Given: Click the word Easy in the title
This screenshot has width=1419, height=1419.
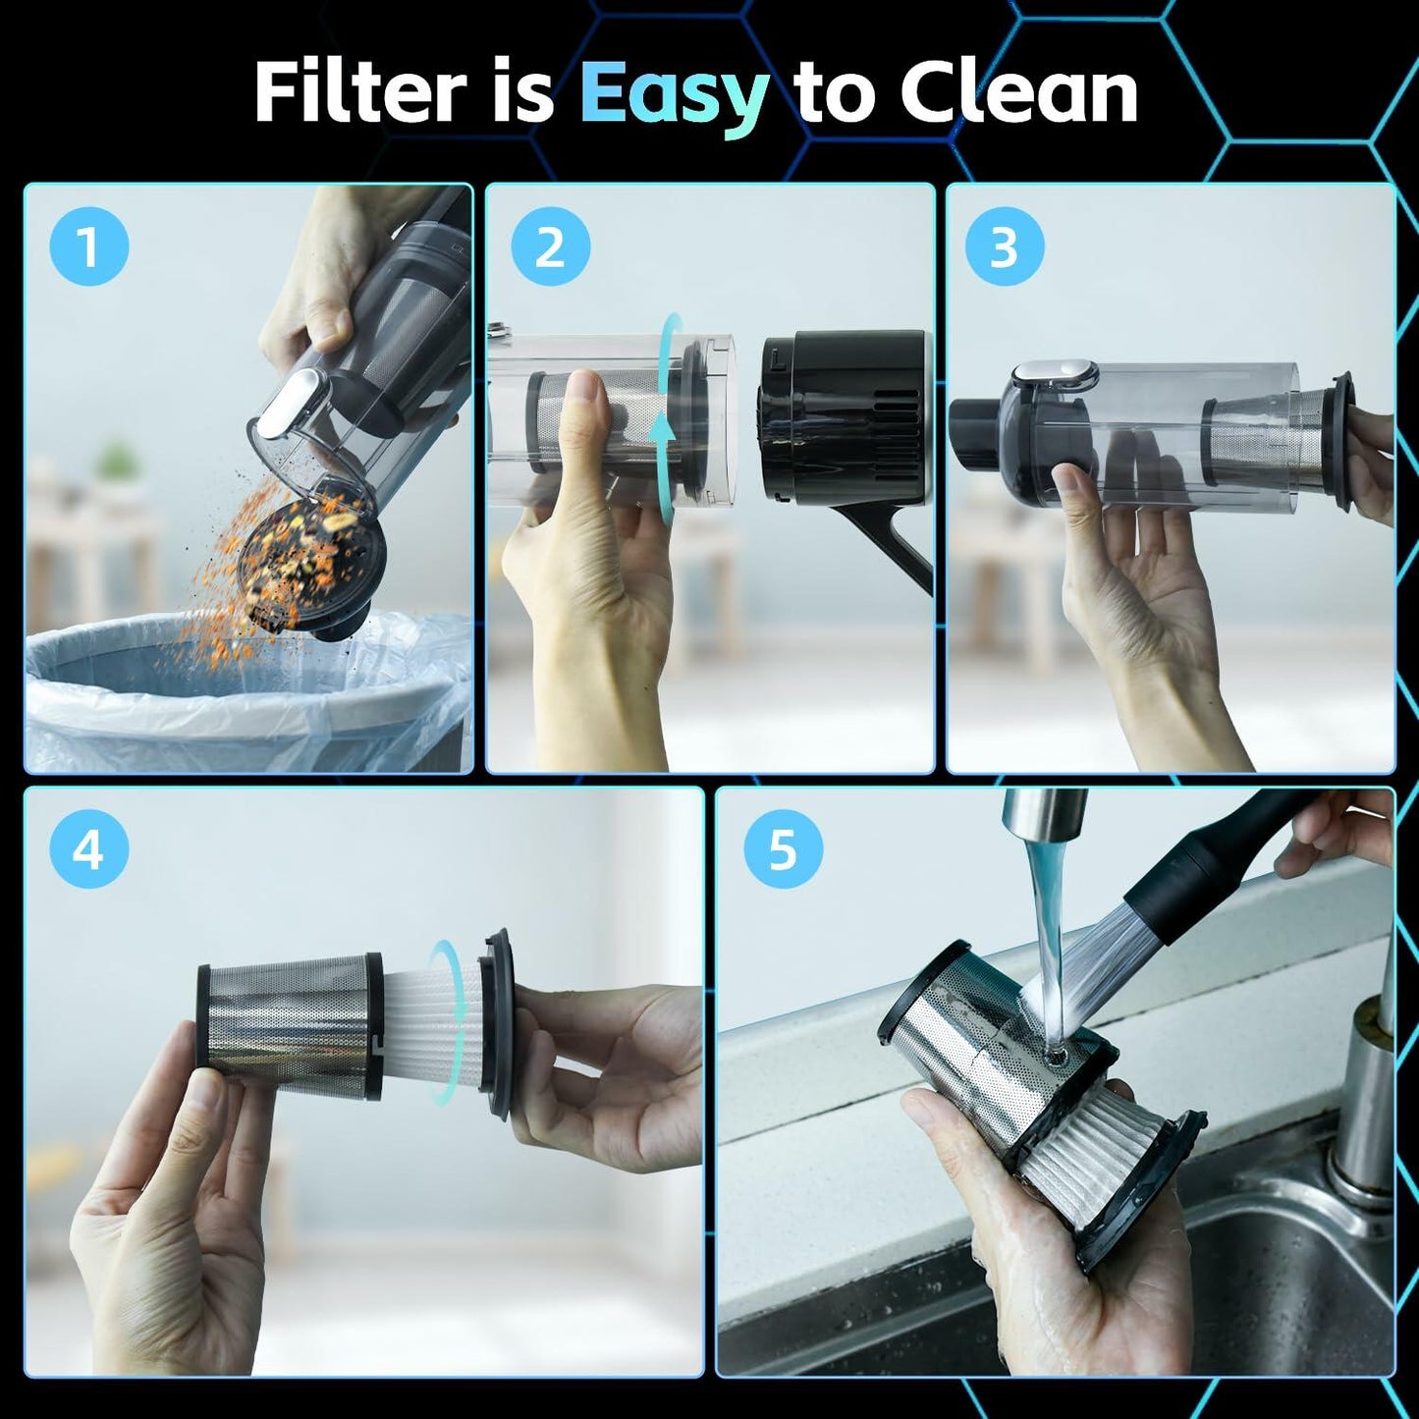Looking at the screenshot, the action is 674,96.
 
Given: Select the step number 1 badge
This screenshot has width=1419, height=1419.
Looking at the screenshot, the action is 89,247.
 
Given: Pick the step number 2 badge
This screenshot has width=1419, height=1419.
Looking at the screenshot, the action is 550,247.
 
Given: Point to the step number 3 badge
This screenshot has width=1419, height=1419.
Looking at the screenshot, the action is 1004,247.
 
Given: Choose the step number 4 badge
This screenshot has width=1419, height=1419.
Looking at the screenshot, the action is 89,851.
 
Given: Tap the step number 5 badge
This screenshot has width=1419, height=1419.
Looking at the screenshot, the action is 783,851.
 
